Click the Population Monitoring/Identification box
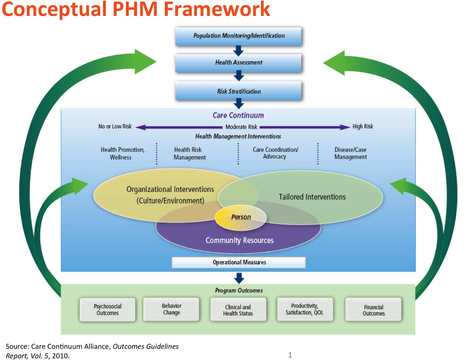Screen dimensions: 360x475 (x=238, y=36)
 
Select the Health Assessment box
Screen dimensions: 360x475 (x=238, y=63)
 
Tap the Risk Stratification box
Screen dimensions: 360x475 (x=238, y=92)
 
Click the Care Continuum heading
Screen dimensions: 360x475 (x=238, y=115)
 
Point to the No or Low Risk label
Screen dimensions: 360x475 (x=115, y=126)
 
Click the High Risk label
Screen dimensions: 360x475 (x=363, y=126)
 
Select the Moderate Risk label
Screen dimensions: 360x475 (x=241, y=127)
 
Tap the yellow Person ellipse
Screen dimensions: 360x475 (x=241, y=217)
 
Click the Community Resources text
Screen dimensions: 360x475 (x=240, y=240)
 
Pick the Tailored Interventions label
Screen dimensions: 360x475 (x=312, y=197)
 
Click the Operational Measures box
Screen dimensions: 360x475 (x=239, y=262)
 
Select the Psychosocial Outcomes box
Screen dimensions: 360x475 (x=107, y=309)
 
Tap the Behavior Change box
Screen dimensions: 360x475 (x=171, y=309)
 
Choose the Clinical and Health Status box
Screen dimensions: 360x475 (x=238, y=310)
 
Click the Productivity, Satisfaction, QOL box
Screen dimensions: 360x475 (x=305, y=309)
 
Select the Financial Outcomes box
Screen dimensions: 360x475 (x=373, y=310)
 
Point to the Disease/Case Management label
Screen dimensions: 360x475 (x=350, y=153)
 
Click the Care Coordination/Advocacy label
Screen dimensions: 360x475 (x=275, y=153)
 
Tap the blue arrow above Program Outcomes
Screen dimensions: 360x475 (x=239, y=278)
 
